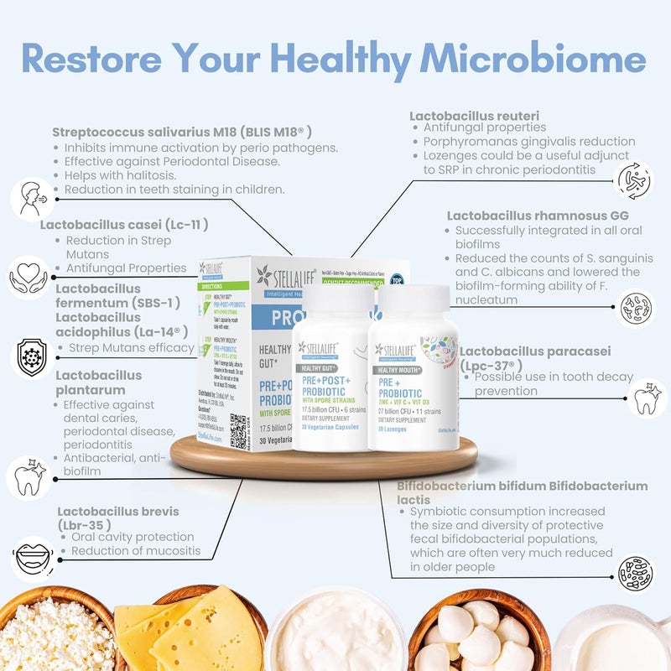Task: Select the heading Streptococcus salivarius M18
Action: (x=182, y=132)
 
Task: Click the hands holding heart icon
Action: (x=29, y=278)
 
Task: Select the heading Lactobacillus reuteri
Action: (x=474, y=115)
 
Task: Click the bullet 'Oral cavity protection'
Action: (x=132, y=537)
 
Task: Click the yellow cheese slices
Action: (x=190, y=629)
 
